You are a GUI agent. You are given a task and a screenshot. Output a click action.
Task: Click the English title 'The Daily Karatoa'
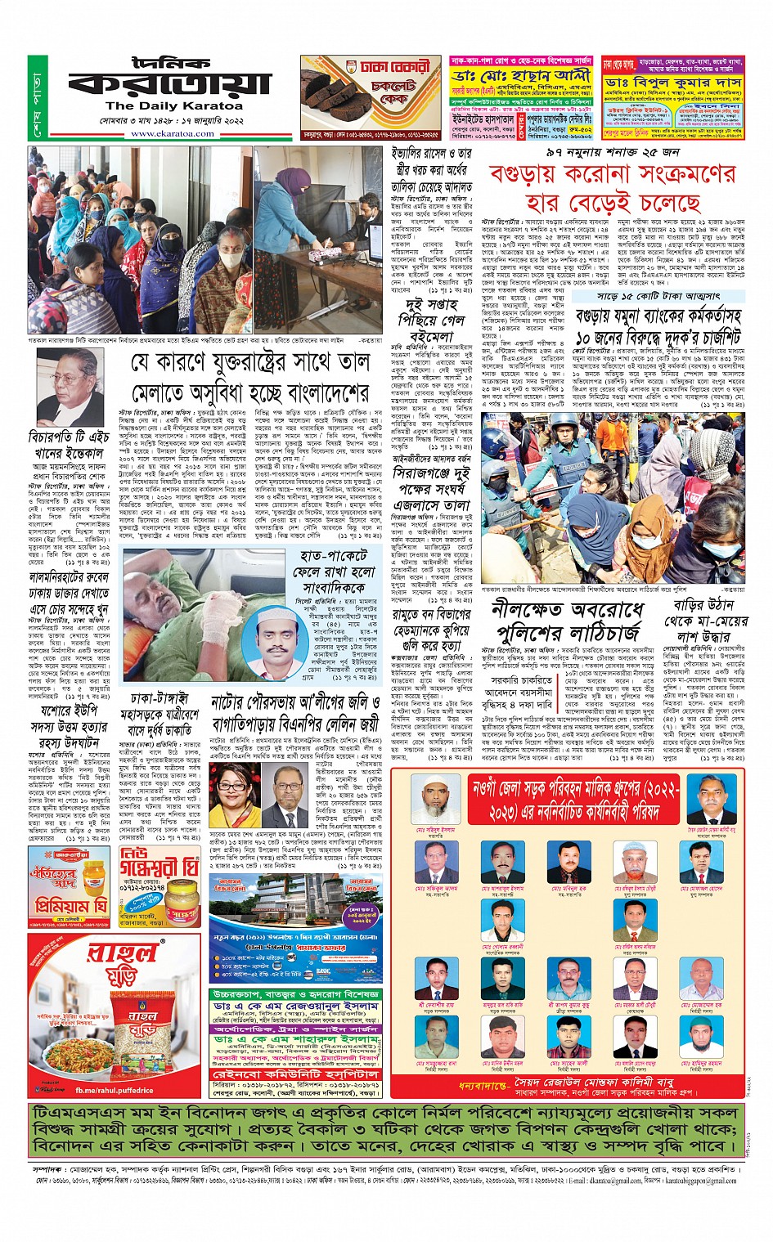(x=173, y=106)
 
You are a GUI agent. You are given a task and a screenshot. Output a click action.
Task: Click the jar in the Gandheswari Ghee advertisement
(x=182, y=899)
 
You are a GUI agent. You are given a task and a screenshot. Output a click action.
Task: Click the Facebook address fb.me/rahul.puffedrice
(x=114, y=1090)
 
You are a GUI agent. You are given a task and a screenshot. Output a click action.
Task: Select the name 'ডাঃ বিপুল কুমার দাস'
(x=673, y=83)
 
